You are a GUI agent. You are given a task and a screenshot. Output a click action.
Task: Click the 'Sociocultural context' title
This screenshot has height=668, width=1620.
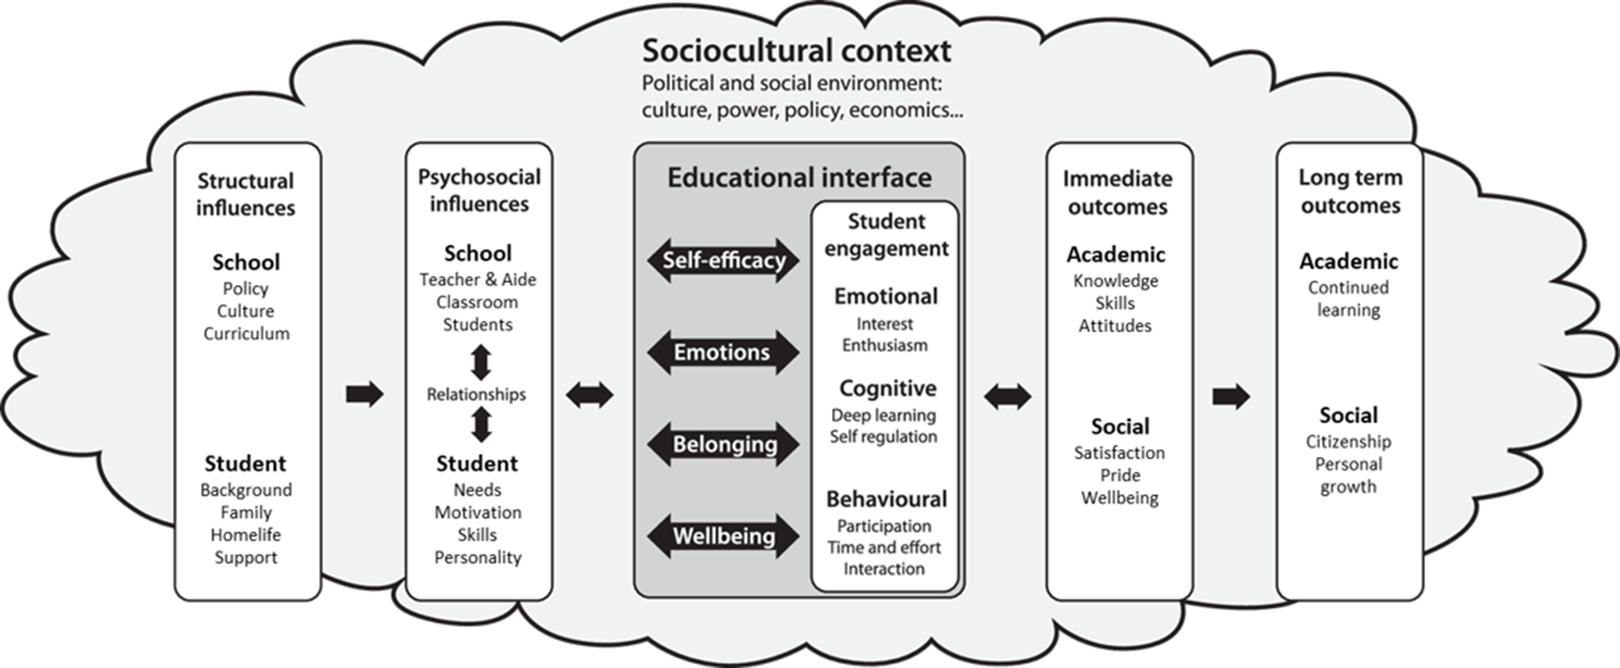pos(796,50)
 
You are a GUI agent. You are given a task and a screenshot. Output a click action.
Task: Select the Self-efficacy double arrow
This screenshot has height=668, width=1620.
pos(724,260)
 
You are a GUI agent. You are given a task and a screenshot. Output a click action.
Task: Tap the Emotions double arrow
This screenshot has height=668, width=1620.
pos(724,352)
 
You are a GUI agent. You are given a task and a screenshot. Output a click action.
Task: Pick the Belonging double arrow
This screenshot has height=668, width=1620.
pos(724,444)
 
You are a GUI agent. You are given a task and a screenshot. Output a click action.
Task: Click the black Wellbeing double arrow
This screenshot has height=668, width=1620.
pos(724,536)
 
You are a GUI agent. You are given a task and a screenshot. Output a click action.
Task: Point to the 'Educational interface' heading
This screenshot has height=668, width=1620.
pos(799,178)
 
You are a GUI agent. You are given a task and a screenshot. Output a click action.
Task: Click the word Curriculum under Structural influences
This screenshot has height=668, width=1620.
pos(247,334)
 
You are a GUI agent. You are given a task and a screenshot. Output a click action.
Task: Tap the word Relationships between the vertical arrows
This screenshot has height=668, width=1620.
pos(477,394)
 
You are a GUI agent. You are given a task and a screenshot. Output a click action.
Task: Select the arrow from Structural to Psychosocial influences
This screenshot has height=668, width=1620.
pos(365,394)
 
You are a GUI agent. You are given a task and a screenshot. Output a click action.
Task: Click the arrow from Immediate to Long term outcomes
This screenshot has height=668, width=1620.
pos(1231,396)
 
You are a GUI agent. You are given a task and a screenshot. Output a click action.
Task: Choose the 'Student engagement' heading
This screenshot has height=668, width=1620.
pos(886,235)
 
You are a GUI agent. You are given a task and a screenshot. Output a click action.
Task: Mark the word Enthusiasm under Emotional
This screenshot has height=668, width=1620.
pos(885,345)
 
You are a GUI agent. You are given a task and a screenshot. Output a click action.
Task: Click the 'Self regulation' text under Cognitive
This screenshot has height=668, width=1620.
pos(883,436)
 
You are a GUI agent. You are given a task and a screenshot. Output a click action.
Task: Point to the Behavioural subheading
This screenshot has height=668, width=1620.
pos(886,499)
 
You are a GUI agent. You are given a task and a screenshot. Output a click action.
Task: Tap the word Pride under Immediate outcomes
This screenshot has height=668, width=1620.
pos(1120,475)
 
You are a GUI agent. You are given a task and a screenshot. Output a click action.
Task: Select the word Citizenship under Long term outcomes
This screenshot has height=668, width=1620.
pos(1348,441)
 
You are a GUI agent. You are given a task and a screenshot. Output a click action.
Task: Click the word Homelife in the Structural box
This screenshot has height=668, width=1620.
pos(246,534)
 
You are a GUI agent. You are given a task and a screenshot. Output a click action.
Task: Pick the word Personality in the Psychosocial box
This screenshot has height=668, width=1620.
pos(478,558)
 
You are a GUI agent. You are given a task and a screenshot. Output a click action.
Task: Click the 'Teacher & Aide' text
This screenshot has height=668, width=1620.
pos(478,279)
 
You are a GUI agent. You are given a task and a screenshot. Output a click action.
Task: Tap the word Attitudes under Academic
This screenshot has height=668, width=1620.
pos(1115,325)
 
